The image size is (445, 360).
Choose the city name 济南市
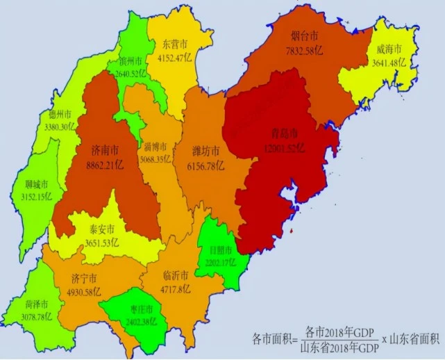[x=104, y=149]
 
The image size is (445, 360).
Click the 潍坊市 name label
[x=206, y=151]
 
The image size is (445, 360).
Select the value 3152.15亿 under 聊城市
[x=35, y=197]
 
